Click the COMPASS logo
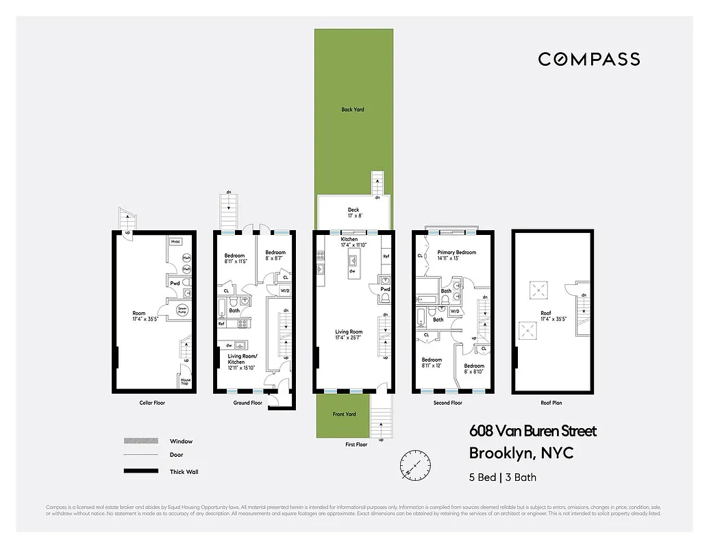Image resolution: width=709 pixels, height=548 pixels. pos(588,60)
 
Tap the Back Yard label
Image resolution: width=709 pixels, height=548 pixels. pos(353,110)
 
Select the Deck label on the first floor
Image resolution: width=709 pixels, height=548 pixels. pos(353,210)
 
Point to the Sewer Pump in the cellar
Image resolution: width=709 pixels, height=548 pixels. pos(182,310)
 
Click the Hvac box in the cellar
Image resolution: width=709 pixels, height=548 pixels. pos(175,242)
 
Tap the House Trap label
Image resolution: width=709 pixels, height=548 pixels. pos(185,382)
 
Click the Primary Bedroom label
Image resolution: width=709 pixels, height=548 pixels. pos(456,253)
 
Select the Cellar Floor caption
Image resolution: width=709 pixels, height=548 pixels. pos(151,403)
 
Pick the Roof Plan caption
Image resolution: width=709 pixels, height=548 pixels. pos(551,403)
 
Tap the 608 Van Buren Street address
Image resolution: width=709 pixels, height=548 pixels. pos(532,432)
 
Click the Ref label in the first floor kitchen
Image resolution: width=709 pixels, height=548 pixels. pos(386,256)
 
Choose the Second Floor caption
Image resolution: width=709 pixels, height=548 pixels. pos(447,403)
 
